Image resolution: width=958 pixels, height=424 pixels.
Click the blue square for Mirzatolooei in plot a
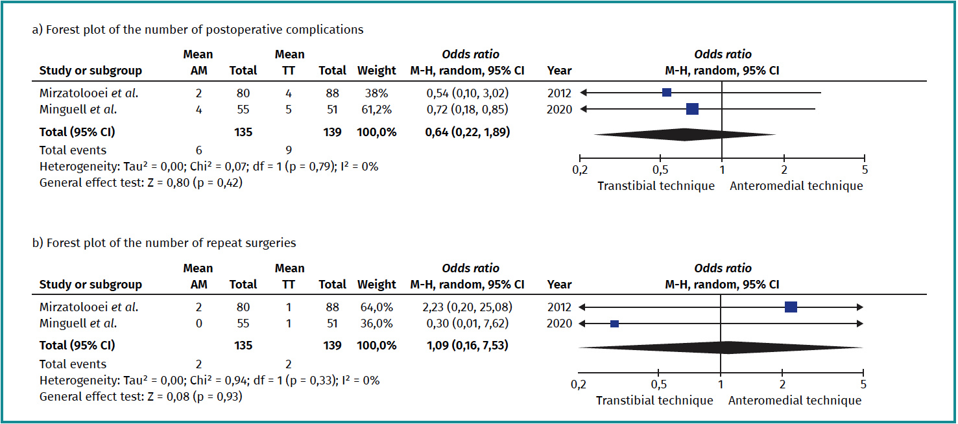coord(666,93)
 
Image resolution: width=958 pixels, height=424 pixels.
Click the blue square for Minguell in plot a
coord(692,110)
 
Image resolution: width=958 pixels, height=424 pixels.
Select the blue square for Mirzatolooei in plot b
coord(791,307)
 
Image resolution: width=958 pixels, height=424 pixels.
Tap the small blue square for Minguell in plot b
coord(614,324)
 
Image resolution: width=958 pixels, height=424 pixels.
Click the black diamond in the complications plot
coord(684,134)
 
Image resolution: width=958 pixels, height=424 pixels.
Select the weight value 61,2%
coord(376,110)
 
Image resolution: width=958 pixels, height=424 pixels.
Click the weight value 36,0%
coord(376,324)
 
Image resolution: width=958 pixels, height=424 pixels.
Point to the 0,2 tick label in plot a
coord(580,170)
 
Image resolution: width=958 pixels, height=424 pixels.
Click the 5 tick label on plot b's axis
coord(863,384)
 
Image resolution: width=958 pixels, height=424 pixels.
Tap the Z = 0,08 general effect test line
coord(141,395)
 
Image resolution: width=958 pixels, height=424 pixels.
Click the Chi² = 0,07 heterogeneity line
coord(209,167)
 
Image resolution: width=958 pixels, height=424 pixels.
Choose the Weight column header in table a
coord(376,71)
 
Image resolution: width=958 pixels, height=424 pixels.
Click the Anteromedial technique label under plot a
coord(796,186)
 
